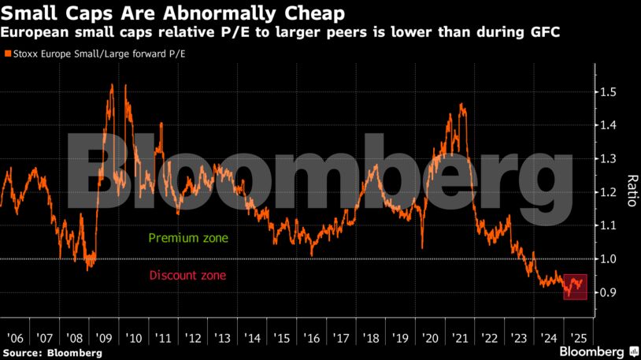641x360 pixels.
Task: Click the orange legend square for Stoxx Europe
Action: click(8, 54)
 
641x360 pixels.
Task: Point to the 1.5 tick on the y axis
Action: click(608, 92)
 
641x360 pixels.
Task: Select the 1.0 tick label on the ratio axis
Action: click(608, 259)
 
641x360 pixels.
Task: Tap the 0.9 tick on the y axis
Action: click(608, 292)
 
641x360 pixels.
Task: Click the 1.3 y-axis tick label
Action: click(608, 159)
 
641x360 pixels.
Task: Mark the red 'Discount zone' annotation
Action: click(187, 276)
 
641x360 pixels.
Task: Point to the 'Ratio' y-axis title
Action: click(631, 191)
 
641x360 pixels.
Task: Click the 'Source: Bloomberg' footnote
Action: click(53, 353)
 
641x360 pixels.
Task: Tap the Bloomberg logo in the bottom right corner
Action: click(596, 351)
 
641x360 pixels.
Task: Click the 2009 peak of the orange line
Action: click(111, 86)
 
